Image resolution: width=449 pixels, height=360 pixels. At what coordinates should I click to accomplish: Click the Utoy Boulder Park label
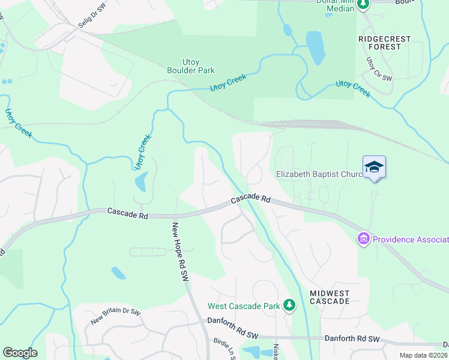(x=190, y=66)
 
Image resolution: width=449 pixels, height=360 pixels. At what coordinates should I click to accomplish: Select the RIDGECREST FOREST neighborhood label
(x=384, y=43)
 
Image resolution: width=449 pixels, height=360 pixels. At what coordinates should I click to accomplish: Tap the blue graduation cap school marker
(x=374, y=166)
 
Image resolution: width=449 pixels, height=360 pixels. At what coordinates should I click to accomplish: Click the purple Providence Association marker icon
(x=363, y=239)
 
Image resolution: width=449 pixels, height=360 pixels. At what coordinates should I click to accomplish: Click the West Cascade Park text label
(x=244, y=306)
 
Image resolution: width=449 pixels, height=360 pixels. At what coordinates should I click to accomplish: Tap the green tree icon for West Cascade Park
(x=289, y=305)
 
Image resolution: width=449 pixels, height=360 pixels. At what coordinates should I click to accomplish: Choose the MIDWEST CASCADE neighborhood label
(x=330, y=297)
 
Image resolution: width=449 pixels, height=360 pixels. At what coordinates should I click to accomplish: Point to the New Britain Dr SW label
(x=115, y=316)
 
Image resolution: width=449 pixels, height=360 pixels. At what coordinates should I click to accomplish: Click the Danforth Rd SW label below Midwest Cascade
(x=352, y=338)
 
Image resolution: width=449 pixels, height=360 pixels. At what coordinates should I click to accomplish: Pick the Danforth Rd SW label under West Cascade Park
(x=232, y=322)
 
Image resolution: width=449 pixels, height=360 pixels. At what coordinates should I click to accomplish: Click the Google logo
(x=20, y=353)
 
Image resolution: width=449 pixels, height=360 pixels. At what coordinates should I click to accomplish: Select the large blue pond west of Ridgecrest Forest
(x=315, y=47)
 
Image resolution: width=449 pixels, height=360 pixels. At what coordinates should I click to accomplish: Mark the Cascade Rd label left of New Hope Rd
(x=128, y=212)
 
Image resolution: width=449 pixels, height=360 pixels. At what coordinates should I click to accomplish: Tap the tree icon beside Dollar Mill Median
(x=363, y=5)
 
